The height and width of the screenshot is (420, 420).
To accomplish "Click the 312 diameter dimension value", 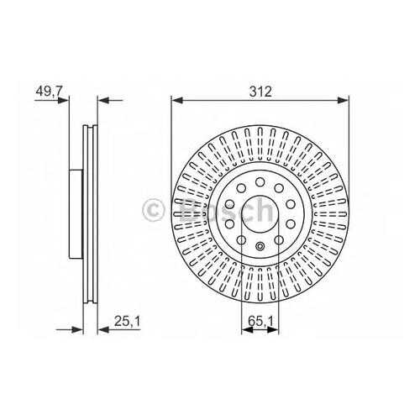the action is pyautogui.click(x=260, y=92).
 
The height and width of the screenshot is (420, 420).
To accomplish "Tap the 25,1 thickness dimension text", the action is pyautogui.click(x=127, y=321).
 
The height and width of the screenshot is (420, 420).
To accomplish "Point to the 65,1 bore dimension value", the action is pyautogui.click(x=260, y=321).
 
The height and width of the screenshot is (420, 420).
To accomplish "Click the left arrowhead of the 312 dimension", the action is pyautogui.click(x=176, y=100).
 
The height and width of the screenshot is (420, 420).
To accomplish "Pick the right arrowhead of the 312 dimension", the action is pyautogui.click(x=344, y=100).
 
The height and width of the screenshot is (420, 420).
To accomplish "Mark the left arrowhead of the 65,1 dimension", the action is pyautogui.click(x=247, y=330).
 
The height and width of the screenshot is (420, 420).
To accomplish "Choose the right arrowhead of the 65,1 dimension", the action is pyautogui.click(x=273, y=330).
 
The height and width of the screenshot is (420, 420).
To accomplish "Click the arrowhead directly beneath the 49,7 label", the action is pyautogui.click(x=63, y=100).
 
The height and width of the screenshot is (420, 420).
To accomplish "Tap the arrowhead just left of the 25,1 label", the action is pyautogui.click(x=103, y=330).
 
